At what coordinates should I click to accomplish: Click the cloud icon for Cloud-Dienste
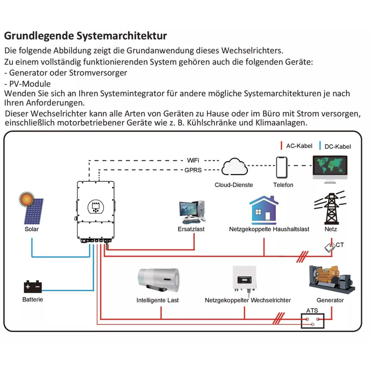(234, 167)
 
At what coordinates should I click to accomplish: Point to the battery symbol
(32, 286)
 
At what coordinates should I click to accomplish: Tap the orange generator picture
(331, 279)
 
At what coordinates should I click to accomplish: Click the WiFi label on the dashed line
(193, 160)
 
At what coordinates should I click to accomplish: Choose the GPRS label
(193, 170)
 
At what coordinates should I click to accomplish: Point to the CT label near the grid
(339, 245)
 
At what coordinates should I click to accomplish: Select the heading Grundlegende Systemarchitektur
(85, 36)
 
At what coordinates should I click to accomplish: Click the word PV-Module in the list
(30, 84)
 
